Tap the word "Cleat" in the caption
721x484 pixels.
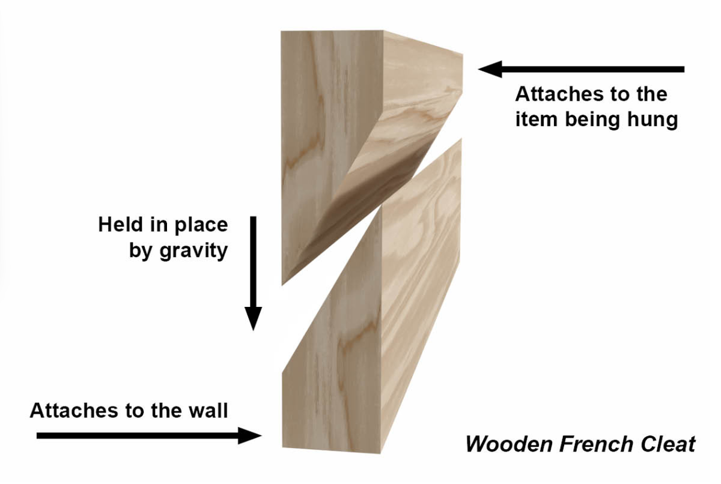(x=668, y=444)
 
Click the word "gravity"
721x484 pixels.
(x=194, y=251)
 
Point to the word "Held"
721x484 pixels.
(x=120, y=224)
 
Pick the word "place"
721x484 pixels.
(x=201, y=225)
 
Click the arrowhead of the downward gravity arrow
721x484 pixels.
(x=254, y=317)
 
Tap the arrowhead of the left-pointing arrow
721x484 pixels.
(x=490, y=69)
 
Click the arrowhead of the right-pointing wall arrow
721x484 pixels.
(x=250, y=436)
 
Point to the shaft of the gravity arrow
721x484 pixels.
(x=254, y=262)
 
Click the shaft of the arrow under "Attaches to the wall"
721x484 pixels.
(x=138, y=436)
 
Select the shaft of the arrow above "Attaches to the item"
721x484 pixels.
(x=593, y=69)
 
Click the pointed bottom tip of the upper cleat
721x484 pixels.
(x=282, y=284)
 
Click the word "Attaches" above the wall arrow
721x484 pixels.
(x=74, y=411)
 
